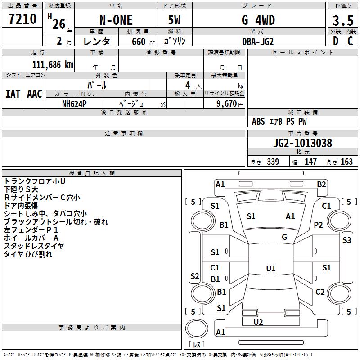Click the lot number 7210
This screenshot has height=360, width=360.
[22, 20]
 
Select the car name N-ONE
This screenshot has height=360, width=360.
[116, 21]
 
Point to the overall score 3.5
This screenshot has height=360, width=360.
[342, 21]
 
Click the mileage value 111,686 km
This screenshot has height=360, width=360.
[52, 65]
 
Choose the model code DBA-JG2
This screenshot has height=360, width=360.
[257, 41]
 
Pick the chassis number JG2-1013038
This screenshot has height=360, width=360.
[302, 144]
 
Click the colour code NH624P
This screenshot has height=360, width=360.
[75, 103]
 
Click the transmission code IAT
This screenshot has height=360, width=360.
[13, 94]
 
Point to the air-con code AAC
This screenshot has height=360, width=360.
[35, 94]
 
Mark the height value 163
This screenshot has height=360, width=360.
[346, 162]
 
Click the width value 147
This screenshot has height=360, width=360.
[310, 162]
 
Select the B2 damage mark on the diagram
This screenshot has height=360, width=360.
[321, 184]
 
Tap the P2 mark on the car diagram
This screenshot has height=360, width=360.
[319, 225]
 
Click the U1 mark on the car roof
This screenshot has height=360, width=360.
[270, 268]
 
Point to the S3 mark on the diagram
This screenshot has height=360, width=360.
[346, 240]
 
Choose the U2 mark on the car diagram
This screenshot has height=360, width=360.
[258, 322]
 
